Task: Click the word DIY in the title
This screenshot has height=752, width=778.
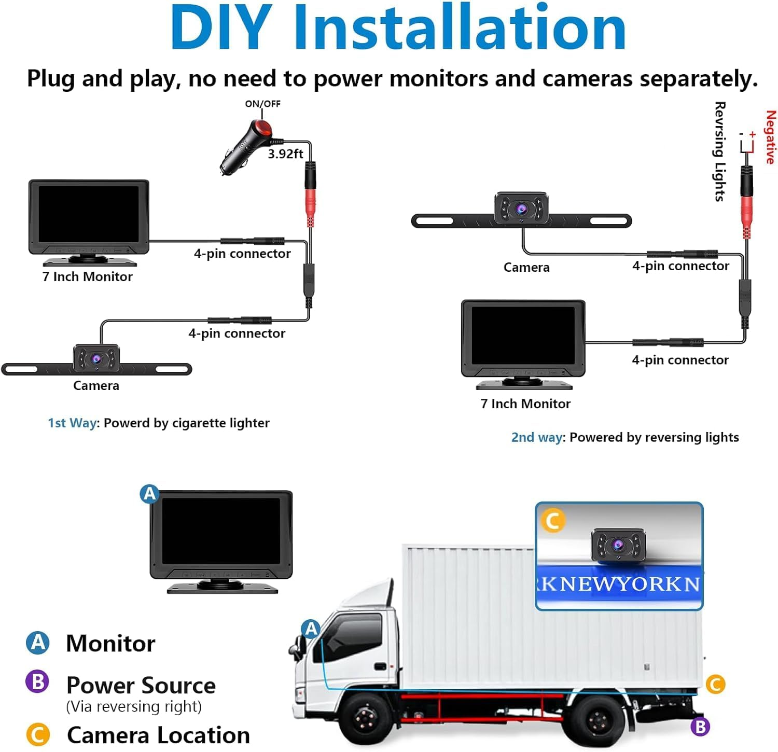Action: click(x=220, y=29)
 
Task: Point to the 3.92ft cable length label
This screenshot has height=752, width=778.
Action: click(x=285, y=154)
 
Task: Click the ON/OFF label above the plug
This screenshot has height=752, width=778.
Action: click(x=262, y=104)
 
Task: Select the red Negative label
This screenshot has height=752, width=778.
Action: click(x=770, y=137)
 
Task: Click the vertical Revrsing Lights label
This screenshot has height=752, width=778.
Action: click(x=719, y=151)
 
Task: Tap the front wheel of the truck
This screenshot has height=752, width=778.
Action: click(x=366, y=721)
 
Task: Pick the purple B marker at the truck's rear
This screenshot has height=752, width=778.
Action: click(x=700, y=726)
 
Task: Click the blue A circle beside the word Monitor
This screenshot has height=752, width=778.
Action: click(x=38, y=643)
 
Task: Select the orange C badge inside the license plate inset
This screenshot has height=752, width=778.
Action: click(x=552, y=521)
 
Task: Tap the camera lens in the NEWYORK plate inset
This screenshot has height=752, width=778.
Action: click(x=617, y=545)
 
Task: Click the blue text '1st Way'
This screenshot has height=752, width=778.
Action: click(x=72, y=423)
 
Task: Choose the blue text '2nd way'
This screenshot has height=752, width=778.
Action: click(x=537, y=438)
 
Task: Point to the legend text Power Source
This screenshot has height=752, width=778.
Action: click(x=141, y=686)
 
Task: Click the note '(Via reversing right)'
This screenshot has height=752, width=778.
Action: click(x=134, y=707)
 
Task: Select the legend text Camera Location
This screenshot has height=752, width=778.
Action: click(x=158, y=735)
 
